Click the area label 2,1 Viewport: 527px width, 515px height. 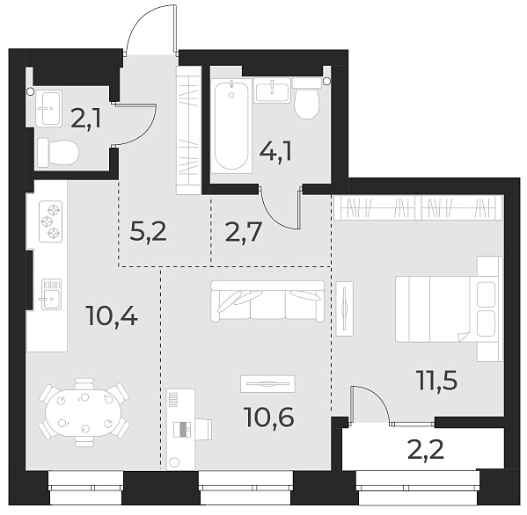(86, 119)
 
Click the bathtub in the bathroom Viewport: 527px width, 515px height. (231, 124)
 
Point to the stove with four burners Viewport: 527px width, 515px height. (51, 222)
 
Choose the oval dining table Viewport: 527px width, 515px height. (84, 411)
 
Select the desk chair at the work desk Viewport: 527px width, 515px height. (200, 428)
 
